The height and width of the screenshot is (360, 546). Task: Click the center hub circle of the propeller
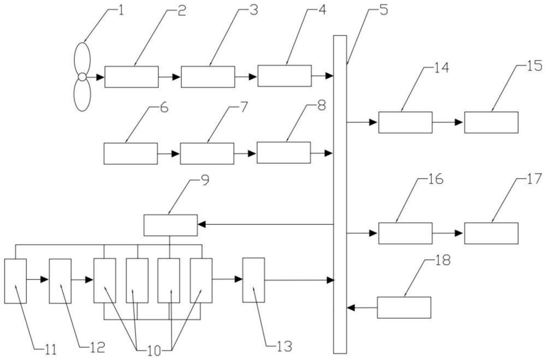point(82,77)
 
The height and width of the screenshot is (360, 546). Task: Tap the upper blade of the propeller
point(81,57)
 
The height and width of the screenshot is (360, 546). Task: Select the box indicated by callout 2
point(131,77)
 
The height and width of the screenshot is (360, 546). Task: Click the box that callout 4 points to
point(284,76)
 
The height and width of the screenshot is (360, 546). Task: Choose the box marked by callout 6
point(130,154)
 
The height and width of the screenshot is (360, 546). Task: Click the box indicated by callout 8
point(283,152)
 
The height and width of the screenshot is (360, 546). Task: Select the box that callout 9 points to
point(170,225)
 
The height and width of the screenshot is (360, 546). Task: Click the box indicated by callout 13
point(253,280)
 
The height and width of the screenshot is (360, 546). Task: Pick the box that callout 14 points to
point(405,122)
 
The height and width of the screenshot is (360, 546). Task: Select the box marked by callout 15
point(491,122)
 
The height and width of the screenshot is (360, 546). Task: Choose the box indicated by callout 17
point(491,233)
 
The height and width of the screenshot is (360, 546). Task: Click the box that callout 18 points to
point(404,307)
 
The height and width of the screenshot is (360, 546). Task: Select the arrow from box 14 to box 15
point(448,122)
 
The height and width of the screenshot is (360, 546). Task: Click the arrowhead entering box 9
point(201,225)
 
